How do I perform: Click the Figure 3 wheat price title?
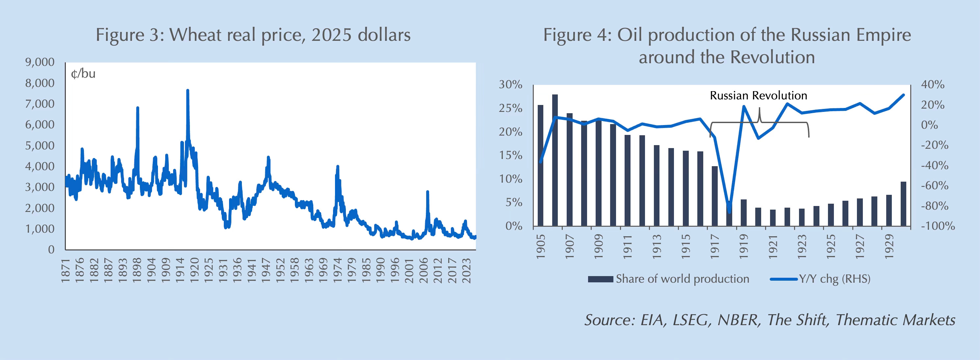[x=253, y=35]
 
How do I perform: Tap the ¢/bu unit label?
[x=83, y=73]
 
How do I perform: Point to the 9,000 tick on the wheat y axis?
[x=40, y=62]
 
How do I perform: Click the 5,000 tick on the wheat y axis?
[x=40, y=145]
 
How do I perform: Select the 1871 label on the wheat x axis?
[x=65, y=270]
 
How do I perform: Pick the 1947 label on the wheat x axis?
[x=266, y=270]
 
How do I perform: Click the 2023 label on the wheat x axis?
[x=466, y=270]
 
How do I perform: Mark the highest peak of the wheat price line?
[x=188, y=90]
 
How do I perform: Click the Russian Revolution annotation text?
[x=758, y=95]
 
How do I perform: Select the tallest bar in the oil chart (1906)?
[x=555, y=160]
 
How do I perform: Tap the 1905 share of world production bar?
[x=541, y=166]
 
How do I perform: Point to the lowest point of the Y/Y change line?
[x=729, y=212]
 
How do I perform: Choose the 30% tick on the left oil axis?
[x=510, y=85]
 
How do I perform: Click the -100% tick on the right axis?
[x=938, y=226]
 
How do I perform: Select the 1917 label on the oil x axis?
[x=715, y=246]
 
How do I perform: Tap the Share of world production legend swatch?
[x=600, y=279]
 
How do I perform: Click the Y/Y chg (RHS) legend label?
[x=835, y=279]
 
